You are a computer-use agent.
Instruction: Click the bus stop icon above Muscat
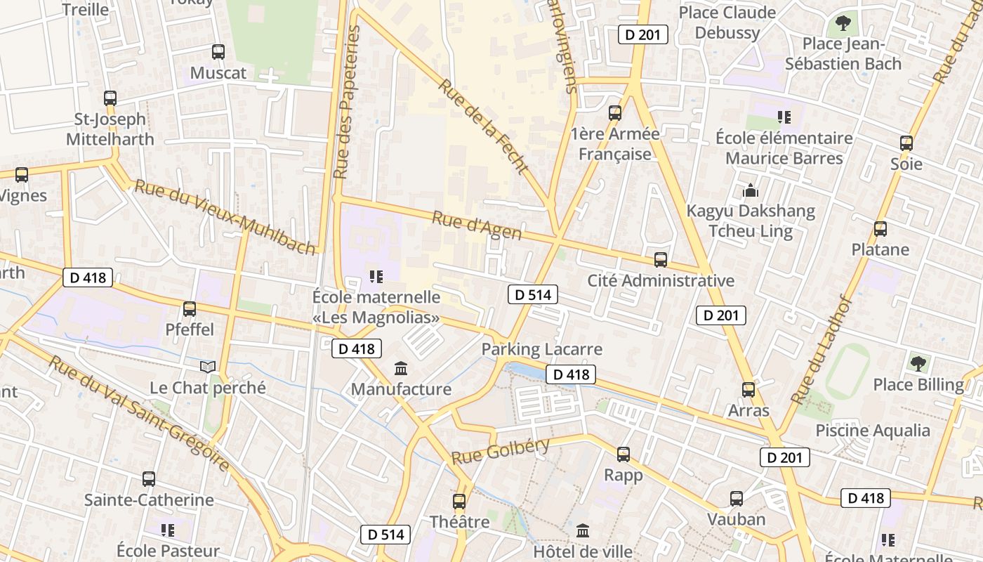coord(218,51)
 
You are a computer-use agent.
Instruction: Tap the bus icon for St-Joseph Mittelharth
coord(110,98)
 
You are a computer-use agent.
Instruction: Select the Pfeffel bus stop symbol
coord(189,308)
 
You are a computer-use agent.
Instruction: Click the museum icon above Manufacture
coord(401,367)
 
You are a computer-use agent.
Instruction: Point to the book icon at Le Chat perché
coord(208,367)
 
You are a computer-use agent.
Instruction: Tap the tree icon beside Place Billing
coord(918,363)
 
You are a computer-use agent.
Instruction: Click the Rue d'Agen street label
coord(477,225)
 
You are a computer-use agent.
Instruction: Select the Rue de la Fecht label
coord(483,126)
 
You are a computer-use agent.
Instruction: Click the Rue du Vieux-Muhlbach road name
coord(225,217)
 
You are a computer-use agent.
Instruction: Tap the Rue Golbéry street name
coord(500,450)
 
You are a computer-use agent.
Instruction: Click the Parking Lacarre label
coord(541,349)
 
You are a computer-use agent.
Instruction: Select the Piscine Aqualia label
coord(873,431)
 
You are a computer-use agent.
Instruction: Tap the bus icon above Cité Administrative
coord(660,260)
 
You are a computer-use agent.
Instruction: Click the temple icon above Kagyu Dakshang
coord(751,190)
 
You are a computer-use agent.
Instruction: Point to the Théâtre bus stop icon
coord(459,502)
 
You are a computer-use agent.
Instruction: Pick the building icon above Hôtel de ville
coord(583,531)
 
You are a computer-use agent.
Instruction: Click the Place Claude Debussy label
coord(727,22)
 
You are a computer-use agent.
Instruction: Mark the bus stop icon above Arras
coord(748,389)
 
